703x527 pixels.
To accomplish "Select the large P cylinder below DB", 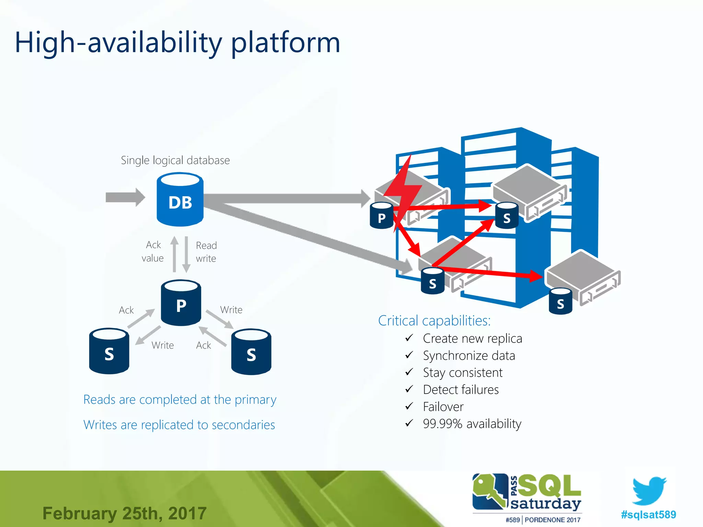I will [x=181, y=303].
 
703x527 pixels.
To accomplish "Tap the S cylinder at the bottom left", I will [x=109, y=351].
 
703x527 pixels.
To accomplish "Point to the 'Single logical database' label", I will [x=175, y=160].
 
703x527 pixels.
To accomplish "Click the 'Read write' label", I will [x=206, y=252].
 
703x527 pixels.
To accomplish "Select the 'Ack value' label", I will [x=153, y=251].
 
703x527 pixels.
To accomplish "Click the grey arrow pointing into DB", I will [x=125, y=197].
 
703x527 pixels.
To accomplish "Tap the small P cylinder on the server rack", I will [x=381, y=216].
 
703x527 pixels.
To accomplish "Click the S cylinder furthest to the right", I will [x=560, y=302].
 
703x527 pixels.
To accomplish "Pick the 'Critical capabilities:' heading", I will [x=434, y=320].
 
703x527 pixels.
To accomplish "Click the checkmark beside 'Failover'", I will [x=409, y=407].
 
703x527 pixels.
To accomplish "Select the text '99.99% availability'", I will [x=472, y=424].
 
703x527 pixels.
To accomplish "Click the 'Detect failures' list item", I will [x=461, y=390].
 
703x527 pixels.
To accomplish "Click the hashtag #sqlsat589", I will [x=648, y=514].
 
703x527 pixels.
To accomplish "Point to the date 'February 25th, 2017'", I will [x=124, y=514].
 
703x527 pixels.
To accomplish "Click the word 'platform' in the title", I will [x=286, y=43].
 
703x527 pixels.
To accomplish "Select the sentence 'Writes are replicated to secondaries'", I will [x=179, y=425].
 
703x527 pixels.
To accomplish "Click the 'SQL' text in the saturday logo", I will [x=549, y=485].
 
